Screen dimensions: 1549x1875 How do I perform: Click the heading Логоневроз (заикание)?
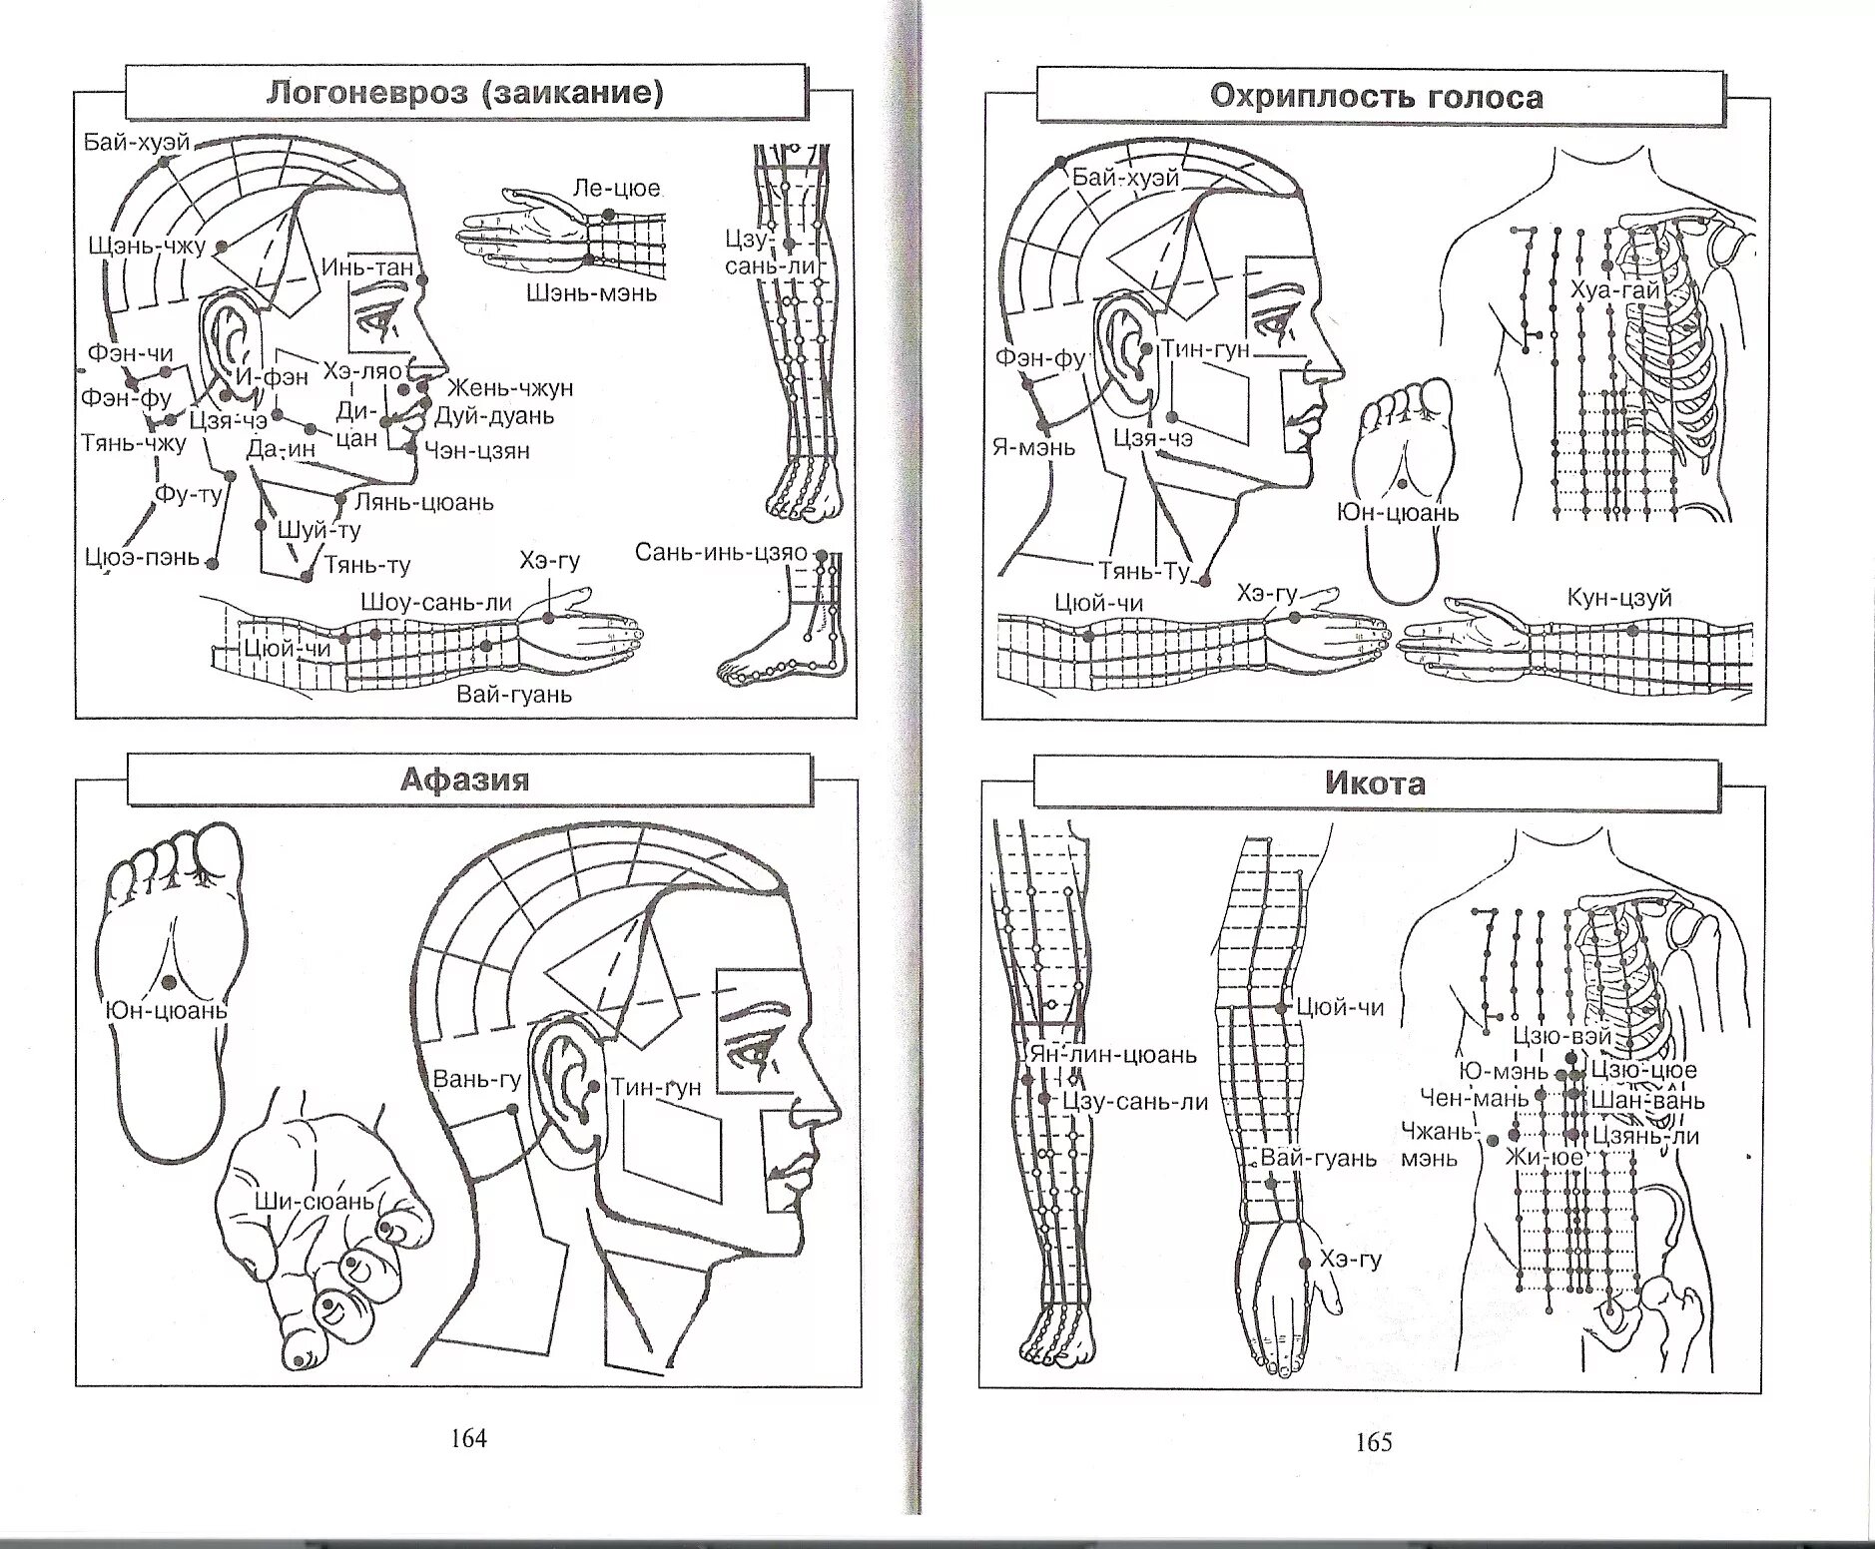coord(464,93)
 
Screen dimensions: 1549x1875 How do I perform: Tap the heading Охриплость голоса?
coord(1376,97)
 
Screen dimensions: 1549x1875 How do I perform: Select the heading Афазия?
coord(464,779)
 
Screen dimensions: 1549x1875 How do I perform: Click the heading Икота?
coord(1375,783)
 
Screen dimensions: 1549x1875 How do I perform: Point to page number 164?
coord(468,1438)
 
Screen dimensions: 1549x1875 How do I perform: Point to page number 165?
coord(1374,1442)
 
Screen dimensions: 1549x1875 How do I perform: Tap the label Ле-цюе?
coord(616,189)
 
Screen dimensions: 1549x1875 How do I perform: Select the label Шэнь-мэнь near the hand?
coord(592,292)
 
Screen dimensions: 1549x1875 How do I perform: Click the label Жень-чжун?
coord(509,387)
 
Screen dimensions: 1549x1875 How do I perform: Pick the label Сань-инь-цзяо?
coord(720,553)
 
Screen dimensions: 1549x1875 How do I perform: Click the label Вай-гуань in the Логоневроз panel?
coord(514,694)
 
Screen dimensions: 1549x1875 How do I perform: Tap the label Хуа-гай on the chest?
coord(1615,291)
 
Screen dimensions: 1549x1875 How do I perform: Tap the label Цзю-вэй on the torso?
coord(1562,1036)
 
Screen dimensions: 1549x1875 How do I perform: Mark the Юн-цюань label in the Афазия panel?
coord(167,1011)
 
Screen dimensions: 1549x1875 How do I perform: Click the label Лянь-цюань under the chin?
coord(423,502)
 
